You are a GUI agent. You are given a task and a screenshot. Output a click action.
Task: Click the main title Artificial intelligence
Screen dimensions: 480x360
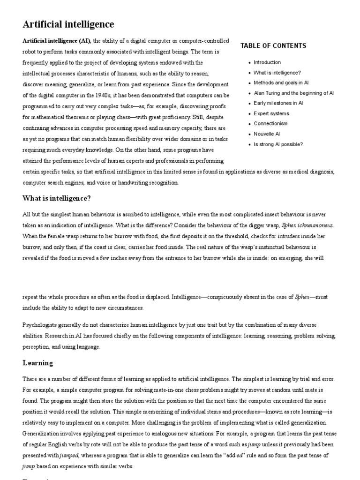click(68, 24)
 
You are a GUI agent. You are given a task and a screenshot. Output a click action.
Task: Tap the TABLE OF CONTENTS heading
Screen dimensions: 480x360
click(273, 46)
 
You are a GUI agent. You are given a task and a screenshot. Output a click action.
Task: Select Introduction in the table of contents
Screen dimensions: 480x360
click(267, 62)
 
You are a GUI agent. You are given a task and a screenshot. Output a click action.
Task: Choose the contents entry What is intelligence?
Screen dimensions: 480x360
click(277, 73)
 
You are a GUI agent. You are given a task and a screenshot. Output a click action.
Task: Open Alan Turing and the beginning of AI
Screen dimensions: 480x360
click(293, 93)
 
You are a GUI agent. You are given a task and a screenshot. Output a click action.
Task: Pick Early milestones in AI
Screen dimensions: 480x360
click(278, 103)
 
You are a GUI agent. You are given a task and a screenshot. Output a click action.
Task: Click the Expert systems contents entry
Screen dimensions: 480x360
click(271, 113)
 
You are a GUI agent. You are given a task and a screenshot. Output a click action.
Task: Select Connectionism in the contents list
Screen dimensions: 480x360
click(270, 124)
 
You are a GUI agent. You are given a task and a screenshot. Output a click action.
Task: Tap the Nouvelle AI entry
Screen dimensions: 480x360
click(267, 134)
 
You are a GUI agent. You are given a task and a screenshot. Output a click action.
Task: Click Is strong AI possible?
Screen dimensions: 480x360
click(278, 144)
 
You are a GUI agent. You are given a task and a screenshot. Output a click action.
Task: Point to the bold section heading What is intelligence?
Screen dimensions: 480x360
click(57, 198)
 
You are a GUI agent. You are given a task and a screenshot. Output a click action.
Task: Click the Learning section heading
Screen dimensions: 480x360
click(38, 363)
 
